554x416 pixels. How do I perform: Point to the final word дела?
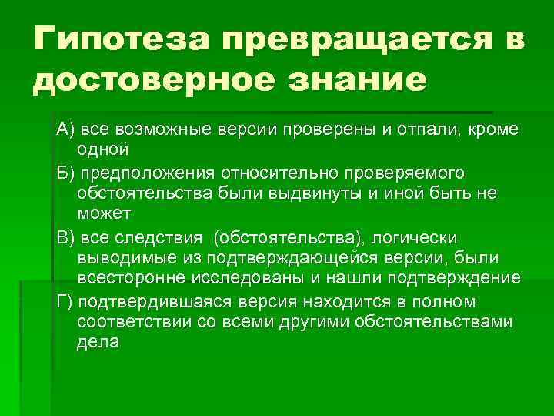click(98, 342)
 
